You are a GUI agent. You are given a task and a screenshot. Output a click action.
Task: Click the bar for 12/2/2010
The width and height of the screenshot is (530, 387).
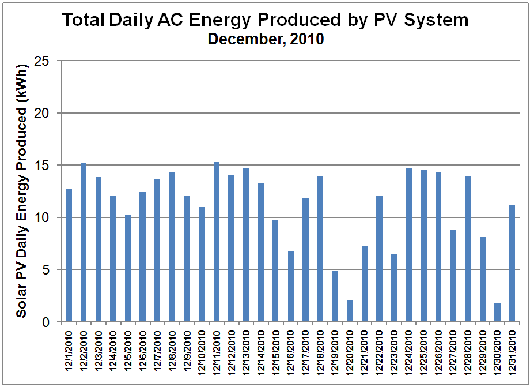click(84, 242)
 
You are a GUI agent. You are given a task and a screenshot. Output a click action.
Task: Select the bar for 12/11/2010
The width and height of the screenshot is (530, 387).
click(217, 242)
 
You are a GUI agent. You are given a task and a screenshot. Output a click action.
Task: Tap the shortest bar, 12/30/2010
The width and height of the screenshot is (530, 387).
click(497, 312)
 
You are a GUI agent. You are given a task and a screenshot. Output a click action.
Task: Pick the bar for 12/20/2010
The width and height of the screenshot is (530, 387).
click(350, 310)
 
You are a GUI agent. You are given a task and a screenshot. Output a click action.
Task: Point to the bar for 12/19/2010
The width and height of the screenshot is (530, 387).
click(335, 296)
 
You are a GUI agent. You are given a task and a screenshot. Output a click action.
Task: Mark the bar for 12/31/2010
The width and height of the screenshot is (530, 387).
click(512, 263)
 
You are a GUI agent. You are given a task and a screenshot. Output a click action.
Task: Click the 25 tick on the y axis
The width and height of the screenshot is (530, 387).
click(46, 61)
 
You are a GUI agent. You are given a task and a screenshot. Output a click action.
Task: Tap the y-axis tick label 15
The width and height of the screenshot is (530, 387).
click(46, 166)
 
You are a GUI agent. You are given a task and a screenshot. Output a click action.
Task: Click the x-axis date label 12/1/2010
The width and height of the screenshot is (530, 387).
click(69, 352)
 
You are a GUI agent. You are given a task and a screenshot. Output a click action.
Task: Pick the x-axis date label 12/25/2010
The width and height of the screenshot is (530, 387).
click(424, 352)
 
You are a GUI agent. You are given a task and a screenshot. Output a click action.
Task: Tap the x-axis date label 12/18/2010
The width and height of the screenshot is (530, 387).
click(320, 352)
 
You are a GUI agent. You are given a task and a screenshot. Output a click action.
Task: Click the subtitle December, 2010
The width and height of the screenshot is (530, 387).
click(266, 40)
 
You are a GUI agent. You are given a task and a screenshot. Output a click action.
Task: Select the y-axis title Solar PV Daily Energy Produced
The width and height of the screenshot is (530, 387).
click(21, 190)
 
